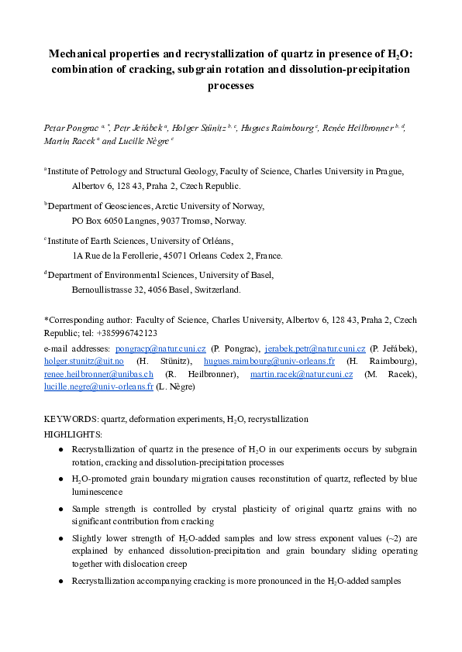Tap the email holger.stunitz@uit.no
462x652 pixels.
point(84,362)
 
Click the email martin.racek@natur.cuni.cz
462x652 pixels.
point(302,374)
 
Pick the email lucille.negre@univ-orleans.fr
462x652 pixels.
point(98,386)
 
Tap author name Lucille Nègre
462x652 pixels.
point(147,142)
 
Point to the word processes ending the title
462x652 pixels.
point(230,86)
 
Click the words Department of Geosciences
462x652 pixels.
point(99,207)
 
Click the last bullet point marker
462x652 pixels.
point(61,581)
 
